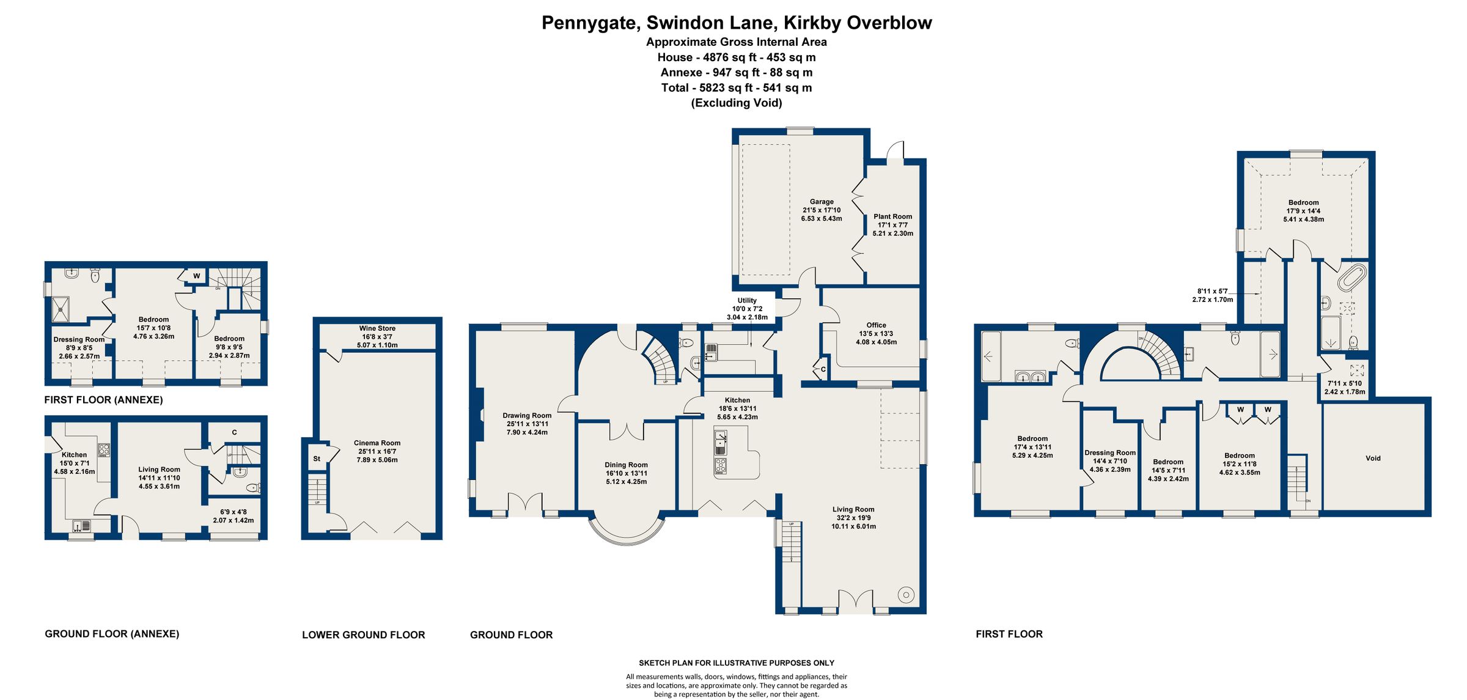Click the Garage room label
[x=822, y=202]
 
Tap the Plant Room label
[x=892, y=216]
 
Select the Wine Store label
[x=377, y=328]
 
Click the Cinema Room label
[x=377, y=443]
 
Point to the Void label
[x=1373, y=459]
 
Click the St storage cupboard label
[x=317, y=459]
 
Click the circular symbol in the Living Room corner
[x=906, y=594]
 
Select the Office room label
[x=876, y=325]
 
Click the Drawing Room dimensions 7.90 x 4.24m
[x=527, y=432]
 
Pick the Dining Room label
[x=626, y=465]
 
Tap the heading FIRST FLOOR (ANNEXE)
[x=103, y=400]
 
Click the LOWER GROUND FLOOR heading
[x=363, y=635]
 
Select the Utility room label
[x=747, y=300]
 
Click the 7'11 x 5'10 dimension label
[x=1344, y=383]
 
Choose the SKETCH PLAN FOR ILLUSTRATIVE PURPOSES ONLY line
[x=736, y=663]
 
